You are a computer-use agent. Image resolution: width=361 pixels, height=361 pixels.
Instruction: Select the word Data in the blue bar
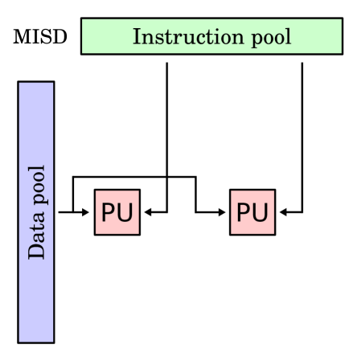[x=37, y=239]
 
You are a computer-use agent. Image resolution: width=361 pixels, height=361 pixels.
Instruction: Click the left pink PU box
[x=117, y=212]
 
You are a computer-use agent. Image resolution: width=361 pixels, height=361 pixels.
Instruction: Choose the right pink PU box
[x=252, y=212]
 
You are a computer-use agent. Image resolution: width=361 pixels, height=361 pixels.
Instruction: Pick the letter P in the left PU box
[x=109, y=213]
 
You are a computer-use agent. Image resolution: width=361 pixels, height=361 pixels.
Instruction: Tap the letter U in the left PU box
[x=125, y=213]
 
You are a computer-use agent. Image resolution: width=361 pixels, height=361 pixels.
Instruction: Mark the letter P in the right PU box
[x=244, y=213]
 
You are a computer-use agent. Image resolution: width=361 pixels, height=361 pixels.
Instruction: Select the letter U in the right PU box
[x=260, y=213]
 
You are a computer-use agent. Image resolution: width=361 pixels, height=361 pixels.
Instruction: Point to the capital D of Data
[x=36, y=252]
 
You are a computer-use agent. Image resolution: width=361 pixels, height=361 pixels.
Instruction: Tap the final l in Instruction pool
[x=288, y=36]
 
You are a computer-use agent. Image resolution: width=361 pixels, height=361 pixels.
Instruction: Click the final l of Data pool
[x=36, y=169]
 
